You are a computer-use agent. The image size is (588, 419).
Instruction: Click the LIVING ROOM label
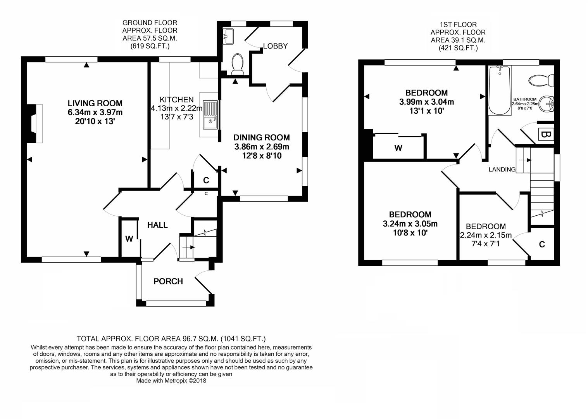pyautogui.click(x=95, y=103)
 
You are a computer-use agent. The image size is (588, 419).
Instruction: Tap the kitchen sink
pyautogui.click(x=210, y=115)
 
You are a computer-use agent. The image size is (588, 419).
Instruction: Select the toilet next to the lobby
pyautogui.click(x=238, y=64)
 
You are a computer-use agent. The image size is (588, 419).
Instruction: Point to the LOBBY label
pyautogui.click(x=275, y=46)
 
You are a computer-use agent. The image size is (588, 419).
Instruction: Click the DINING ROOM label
pyautogui.click(x=262, y=137)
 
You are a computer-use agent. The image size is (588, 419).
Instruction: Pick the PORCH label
pyautogui.click(x=168, y=281)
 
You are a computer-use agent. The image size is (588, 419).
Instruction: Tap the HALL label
pyautogui.click(x=157, y=225)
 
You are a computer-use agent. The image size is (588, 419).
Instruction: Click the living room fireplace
pyautogui.click(x=35, y=123)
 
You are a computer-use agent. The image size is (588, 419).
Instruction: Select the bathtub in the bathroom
pyautogui.click(x=500, y=90)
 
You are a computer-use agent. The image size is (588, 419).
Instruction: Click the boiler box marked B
pyautogui.click(x=546, y=135)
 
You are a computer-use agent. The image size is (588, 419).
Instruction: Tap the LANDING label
pyautogui.click(x=502, y=170)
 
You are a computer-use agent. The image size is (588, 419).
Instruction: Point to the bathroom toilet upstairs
pyautogui.click(x=541, y=80)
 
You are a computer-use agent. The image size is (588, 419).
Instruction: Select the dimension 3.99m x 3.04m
pyautogui.click(x=427, y=102)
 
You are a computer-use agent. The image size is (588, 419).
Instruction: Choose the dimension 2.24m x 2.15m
pyautogui.click(x=486, y=235)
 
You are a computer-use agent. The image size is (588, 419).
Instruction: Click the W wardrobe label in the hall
pyautogui.click(x=129, y=239)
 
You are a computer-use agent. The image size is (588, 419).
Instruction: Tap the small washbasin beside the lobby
pyautogui.click(x=228, y=36)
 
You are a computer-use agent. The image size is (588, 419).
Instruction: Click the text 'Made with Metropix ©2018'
pyautogui.click(x=171, y=381)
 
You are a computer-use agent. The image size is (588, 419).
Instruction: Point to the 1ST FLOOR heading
pyautogui.click(x=458, y=25)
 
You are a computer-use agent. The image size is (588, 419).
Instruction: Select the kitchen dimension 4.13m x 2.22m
pyautogui.click(x=177, y=108)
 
